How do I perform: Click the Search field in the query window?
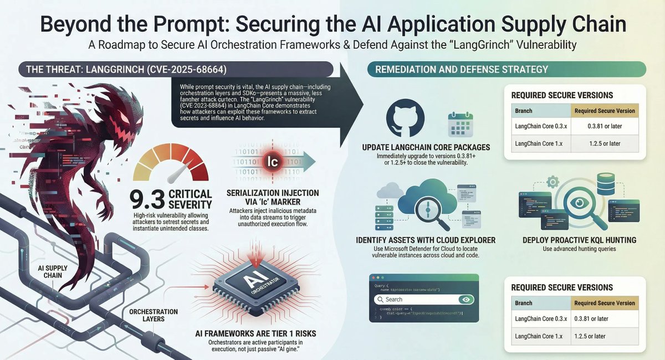pos(416,300)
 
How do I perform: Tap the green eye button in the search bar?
pos(466,300)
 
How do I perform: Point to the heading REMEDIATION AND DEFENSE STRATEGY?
pos(462,69)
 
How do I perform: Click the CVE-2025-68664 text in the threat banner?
pos(161,69)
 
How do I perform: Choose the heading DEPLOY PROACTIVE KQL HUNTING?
pos(579,240)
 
